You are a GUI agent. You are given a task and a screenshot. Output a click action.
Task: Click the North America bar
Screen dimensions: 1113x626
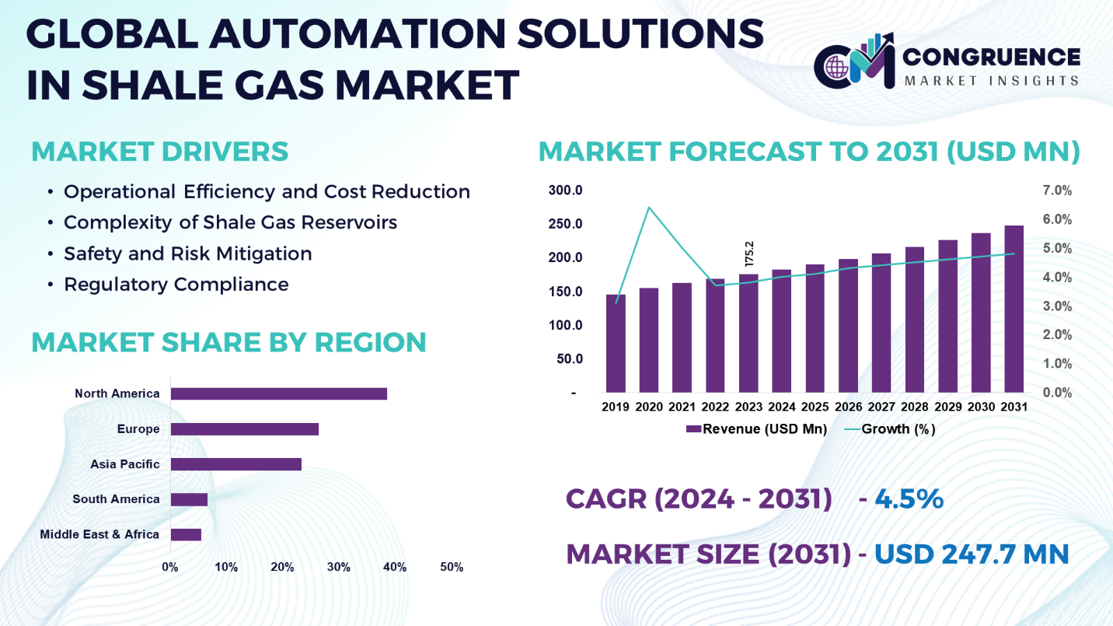[279, 393]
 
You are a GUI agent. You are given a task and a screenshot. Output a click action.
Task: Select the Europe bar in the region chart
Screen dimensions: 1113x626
[245, 429]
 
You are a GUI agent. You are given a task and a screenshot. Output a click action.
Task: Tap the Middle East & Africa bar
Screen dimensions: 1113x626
[186, 534]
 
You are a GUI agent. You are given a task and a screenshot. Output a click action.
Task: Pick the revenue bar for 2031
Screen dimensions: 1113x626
[1014, 309]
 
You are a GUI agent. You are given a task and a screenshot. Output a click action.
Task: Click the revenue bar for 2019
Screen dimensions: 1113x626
[616, 343]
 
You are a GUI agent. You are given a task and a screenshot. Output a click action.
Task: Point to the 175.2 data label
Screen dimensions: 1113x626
[749, 254]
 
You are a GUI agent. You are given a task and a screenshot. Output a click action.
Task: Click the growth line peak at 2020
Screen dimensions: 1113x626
[649, 208]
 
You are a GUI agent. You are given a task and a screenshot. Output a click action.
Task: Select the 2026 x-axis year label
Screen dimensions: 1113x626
[848, 407]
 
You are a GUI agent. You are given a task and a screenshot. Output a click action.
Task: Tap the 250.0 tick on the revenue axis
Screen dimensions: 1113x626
[566, 224]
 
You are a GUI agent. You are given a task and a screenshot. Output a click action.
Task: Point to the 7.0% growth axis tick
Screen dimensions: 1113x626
[1057, 191]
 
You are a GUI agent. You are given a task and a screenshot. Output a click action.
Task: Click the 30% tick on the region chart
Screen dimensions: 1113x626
[338, 567]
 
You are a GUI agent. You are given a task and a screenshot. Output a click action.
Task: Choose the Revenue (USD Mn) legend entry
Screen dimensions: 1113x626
[757, 429]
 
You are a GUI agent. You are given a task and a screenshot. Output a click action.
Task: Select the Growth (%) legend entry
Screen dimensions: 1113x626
[890, 429]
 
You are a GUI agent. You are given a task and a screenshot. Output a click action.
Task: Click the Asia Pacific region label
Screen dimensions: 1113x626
[124, 464]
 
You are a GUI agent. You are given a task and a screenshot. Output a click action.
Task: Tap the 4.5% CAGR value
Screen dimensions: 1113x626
[909, 498]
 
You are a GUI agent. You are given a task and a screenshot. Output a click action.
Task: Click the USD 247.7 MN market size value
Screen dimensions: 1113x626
[972, 554]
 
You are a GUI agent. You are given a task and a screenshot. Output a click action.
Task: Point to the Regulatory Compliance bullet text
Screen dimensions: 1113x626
[176, 285]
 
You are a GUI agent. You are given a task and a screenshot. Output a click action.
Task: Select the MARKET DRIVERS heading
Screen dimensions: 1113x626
[159, 152]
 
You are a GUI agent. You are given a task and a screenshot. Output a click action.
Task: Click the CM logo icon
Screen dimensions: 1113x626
[855, 61]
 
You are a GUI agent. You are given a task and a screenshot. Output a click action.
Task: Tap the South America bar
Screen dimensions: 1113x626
[189, 500]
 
